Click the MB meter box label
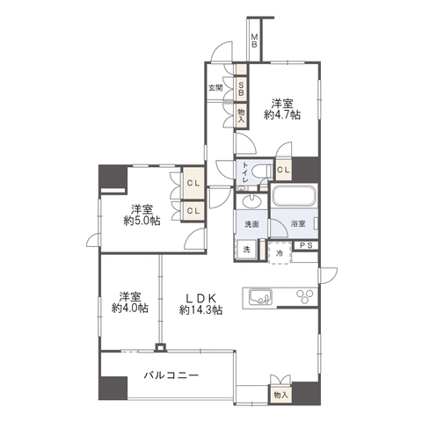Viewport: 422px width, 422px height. (254, 40)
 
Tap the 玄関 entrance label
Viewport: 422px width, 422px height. (215, 88)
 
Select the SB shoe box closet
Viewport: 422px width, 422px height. (241, 88)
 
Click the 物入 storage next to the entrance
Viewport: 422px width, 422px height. (241, 112)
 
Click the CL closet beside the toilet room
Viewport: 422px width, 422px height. (283, 171)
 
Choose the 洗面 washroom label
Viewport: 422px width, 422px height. (250, 224)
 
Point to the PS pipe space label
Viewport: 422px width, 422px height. (305, 245)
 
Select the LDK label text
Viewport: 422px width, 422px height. (200, 295)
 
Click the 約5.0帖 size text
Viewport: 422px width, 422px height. (140, 221)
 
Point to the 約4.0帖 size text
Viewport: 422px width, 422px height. (128, 309)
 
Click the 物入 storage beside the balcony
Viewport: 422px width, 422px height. (280, 395)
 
